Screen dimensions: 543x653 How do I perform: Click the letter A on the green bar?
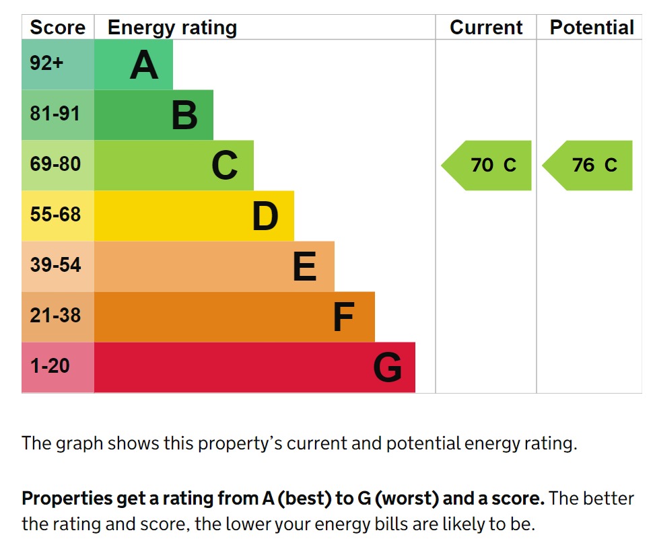[x=143, y=65]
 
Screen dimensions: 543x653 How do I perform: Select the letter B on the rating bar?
[x=184, y=116]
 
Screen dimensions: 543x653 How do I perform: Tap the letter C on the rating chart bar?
[x=225, y=166]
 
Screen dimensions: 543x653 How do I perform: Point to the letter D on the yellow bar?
[x=265, y=217]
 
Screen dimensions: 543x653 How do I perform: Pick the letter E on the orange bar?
[x=305, y=267]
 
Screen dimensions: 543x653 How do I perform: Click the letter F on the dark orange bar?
[x=344, y=318]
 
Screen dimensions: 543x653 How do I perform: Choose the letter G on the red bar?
[x=388, y=368]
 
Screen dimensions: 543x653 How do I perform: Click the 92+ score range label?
[x=46, y=63]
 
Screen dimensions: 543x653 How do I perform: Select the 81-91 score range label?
[x=55, y=114]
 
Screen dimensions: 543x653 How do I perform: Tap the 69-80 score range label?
[x=55, y=164]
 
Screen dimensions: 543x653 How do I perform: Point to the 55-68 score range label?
[x=55, y=215]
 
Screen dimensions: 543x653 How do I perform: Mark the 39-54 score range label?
[x=55, y=265]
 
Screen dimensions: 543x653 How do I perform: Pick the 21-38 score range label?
[x=55, y=315]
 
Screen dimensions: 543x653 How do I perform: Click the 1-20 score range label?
[x=50, y=366]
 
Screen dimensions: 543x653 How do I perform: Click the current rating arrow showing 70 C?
[x=487, y=166]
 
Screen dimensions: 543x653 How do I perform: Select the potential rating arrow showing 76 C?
[x=588, y=166]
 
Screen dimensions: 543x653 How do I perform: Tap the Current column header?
[x=486, y=28]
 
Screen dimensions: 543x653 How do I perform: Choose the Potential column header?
[x=592, y=28]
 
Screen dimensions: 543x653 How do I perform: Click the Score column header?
[x=58, y=28]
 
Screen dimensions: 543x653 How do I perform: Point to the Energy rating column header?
[x=172, y=28]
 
